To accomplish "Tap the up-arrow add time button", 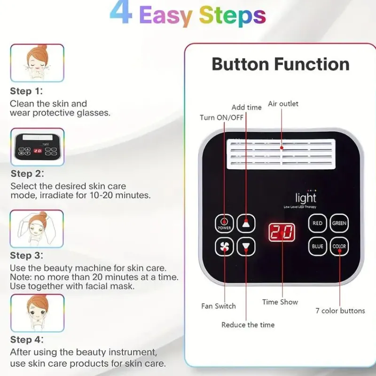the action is coord(246,223).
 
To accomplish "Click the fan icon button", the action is coord(224,246).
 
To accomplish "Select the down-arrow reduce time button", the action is coord(246,246).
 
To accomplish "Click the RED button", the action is coord(318,223).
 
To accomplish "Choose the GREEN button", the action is coord(339,223).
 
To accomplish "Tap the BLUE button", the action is coord(318,246).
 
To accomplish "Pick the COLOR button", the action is coord(339,246).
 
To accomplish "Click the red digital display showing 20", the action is coord(282,232).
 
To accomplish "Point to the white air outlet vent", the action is coord(281,154).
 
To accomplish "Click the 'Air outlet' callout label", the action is coord(283,104).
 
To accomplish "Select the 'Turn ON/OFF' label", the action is coord(221,117).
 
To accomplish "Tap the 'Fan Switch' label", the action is coord(219,306).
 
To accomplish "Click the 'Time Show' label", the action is coord(280,302).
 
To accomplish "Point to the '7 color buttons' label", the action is coord(340,311).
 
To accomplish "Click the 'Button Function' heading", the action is coord(281,64).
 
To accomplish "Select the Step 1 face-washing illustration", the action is coord(37,63).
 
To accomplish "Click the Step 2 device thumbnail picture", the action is coord(38,147).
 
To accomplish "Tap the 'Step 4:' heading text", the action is coord(27,339).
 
